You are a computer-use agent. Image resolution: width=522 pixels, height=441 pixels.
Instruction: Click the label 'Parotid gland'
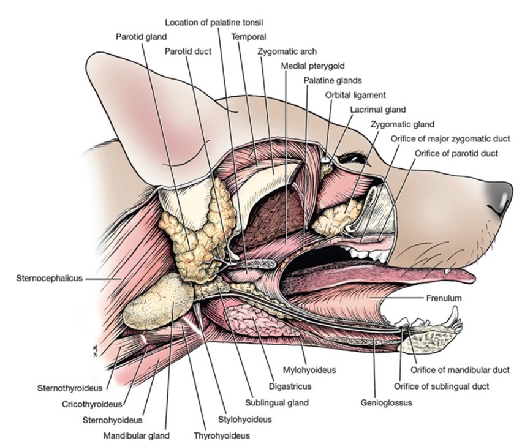click(x=142, y=36)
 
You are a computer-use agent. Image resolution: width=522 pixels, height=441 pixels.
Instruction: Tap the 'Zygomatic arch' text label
click(x=287, y=51)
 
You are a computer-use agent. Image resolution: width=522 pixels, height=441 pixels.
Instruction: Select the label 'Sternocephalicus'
click(x=48, y=278)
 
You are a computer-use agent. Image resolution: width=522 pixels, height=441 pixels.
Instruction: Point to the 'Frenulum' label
click(x=444, y=298)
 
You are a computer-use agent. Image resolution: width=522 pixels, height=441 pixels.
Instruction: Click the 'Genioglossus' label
click(x=386, y=402)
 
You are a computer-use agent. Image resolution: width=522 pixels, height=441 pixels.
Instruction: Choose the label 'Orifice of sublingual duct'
click(x=441, y=386)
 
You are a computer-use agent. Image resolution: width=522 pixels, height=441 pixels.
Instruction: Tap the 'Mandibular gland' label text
click(x=136, y=436)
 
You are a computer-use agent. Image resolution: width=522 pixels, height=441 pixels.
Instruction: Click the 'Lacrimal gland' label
click(x=378, y=110)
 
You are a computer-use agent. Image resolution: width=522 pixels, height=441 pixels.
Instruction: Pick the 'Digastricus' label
click(x=290, y=386)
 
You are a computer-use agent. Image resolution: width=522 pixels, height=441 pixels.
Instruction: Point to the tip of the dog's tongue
click(x=471, y=276)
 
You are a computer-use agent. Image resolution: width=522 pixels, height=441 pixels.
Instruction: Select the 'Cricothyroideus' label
click(x=93, y=404)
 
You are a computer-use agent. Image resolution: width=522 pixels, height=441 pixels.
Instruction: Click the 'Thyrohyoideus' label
click(x=222, y=436)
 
